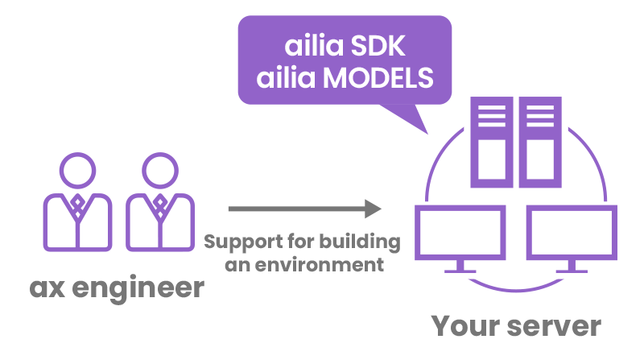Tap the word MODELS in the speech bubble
click(x=378, y=77)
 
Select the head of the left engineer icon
click(x=77, y=171)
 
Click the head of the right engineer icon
click(x=160, y=171)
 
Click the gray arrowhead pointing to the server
click(x=373, y=209)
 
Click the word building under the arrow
click(x=360, y=242)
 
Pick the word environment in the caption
click(x=319, y=265)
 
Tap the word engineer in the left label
click(x=138, y=288)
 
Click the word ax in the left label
click(x=47, y=288)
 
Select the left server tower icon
click(x=492, y=143)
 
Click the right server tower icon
click(x=540, y=143)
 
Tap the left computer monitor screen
click(x=460, y=233)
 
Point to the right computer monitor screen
click(x=572, y=233)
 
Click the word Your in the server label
click(x=466, y=326)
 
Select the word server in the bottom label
click(x=555, y=327)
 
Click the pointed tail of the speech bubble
click(x=427, y=134)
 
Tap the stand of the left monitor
click(x=460, y=267)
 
